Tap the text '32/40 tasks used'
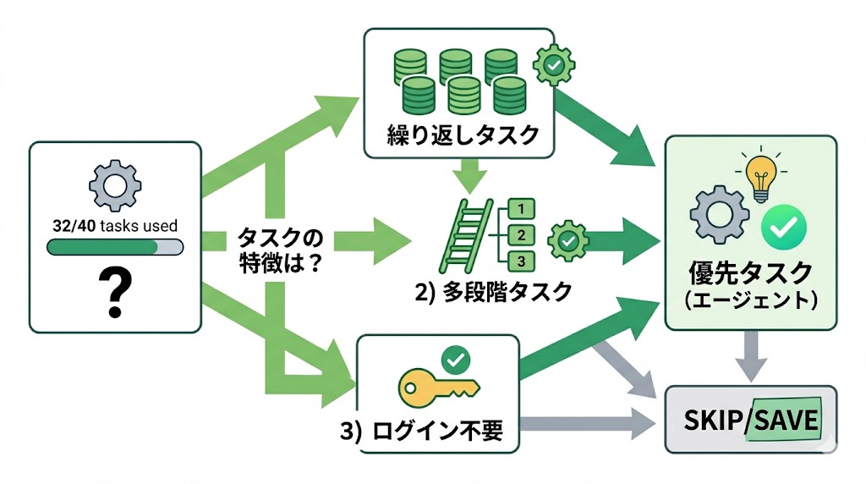(x=115, y=226)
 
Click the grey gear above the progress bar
(x=115, y=186)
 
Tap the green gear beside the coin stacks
(x=554, y=63)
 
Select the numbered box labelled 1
(x=522, y=208)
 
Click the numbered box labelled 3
(x=522, y=261)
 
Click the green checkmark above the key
(x=457, y=360)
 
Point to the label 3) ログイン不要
(x=421, y=432)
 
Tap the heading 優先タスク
(x=751, y=275)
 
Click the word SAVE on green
(x=782, y=421)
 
